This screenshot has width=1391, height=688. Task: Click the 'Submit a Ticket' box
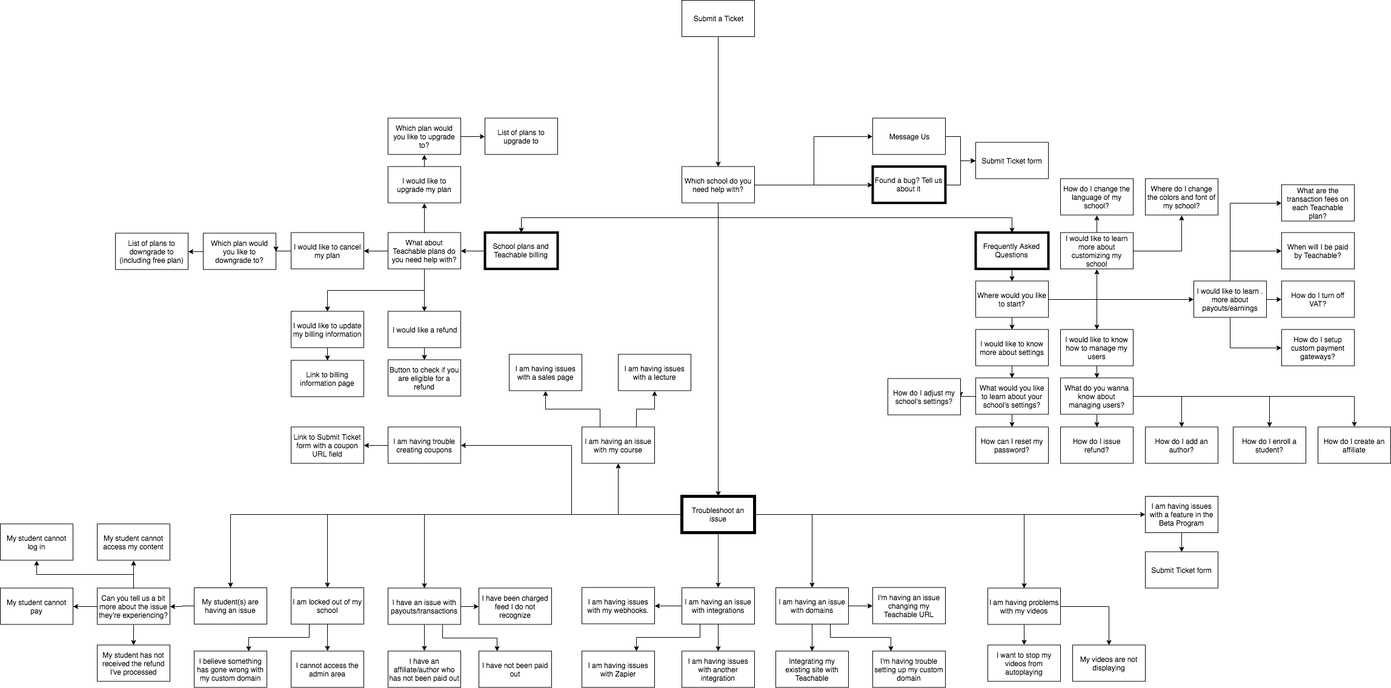pyautogui.click(x=718, y=19)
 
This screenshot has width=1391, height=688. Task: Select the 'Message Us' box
pyautogui.click(x=909, y=136)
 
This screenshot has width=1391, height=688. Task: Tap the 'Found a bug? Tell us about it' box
pyautogui.click(x=909, y=185)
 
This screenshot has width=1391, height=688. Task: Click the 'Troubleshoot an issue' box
pyautogui.click(x=718, y=515)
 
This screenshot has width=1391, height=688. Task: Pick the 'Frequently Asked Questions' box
pyautogui.click(x=1011, y=251)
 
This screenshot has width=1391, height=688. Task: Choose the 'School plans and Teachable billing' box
pyautogui.click(x=520, y=251)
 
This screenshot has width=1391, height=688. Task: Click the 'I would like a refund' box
pyautogui.click(x=424, y=329)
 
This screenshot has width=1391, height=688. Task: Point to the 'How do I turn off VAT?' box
pyautogui.click(x=1317, y=299)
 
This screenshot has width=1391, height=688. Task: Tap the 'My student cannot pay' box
pyautogui.click(x=36, y=606)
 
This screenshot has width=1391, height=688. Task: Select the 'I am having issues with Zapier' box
pyautogui.click(x=618, y=669)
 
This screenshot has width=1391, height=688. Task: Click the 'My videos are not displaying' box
pyautogui.click(x=1109, y=664)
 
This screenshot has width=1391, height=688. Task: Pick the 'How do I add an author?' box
pyautogui.click(x=1181, y=445)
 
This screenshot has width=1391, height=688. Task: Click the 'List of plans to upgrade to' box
pyautogui.click(x=521, y=136)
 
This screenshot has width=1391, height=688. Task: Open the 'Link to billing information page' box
pyautogui.click(x=327, y=379)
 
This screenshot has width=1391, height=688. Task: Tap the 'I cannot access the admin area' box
pyautogui.click(x=327, y=669)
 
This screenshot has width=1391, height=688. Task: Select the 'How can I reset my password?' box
pyautogui.click(x=1012, y=445)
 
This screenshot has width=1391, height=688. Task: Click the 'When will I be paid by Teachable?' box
pyautogui.click(x=1317, y=251)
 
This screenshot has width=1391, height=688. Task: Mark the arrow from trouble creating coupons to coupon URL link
pyautogui.click(x=376, y=446)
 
